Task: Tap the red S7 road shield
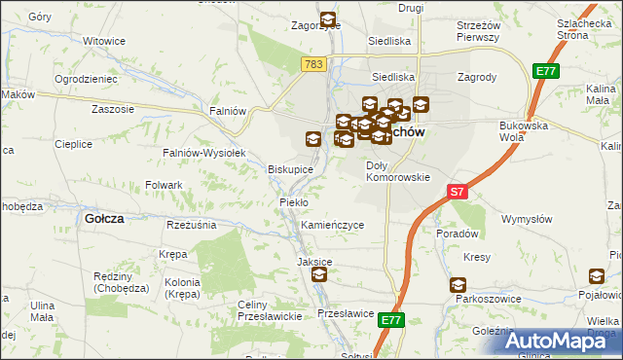click(x=458, y=192)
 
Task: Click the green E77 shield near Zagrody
click(x=544, y=71)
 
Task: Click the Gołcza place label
click(x=104, y=219)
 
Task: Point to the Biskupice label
click(x=290, y=169)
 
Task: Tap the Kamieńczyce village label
click(x=332, y=225)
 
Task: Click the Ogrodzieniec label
click(x=87, y=78)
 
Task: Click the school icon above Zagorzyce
click(x=327, y=18)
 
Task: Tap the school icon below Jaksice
click(x=319, y=276)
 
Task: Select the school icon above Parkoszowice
click(x=458, y=284)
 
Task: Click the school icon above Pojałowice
click(x=597, y=276)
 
